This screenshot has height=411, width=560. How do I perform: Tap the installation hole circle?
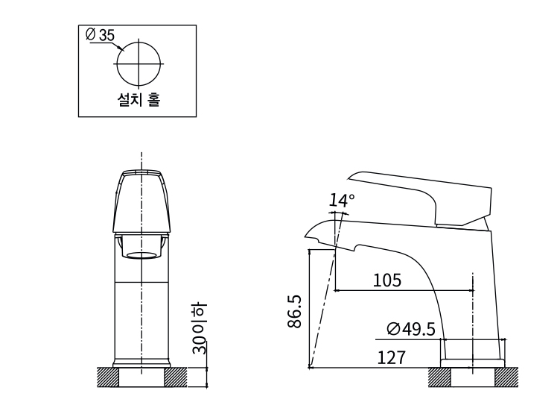point(139,63)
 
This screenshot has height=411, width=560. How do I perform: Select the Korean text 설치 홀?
point(139,99)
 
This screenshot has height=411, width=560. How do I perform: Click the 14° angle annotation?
point(343,200)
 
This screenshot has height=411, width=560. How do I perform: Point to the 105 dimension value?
point(386,280)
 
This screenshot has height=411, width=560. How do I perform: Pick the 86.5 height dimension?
point(295,311)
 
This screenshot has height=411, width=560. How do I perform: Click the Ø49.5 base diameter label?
point(410,329)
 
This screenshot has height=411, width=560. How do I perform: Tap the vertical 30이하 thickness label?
point(199,328)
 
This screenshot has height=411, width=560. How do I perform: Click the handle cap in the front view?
point(141,201)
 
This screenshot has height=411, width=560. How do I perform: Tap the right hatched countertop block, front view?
point(175,377)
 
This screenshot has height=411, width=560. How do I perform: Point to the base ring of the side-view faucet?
point(473,363)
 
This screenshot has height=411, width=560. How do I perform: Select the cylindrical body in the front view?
point(141,313)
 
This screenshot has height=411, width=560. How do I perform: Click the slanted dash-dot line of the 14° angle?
point(325,298)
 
